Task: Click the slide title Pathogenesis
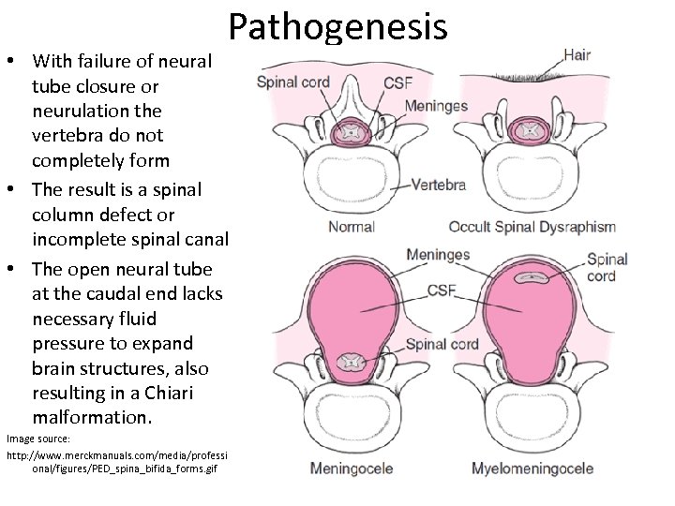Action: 337,29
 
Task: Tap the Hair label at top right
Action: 577,54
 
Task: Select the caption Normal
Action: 352,227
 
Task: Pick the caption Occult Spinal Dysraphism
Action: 532,227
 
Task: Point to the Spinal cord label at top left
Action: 293,82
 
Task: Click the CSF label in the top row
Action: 397,83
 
